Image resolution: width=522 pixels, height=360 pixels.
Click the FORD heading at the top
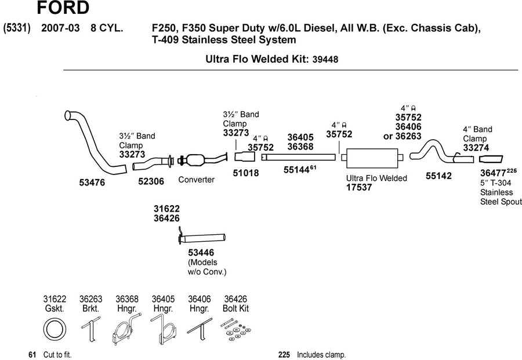(63, 8)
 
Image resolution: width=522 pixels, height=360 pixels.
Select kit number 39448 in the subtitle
(325, 60)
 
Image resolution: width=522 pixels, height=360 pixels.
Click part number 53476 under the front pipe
(92, 183)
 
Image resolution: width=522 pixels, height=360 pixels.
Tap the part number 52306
(151, 181)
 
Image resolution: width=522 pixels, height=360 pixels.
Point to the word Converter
(197, 180)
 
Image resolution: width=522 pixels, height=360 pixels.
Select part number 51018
(246, 173)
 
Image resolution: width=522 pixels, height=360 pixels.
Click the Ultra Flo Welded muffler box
(372, 158)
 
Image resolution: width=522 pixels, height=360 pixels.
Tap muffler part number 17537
(359, 187)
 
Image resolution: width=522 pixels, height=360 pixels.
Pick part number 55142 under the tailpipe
(439, 176)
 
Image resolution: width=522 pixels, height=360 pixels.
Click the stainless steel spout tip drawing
(491, 159)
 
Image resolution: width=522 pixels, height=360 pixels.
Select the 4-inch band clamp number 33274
(476, 148)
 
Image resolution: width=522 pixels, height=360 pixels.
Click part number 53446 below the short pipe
(201, 253)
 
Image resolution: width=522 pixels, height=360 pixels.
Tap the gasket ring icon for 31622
(55, 329)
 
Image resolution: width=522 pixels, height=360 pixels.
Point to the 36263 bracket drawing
(91, 329)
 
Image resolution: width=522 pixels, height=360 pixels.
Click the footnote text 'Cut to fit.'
(57, 355)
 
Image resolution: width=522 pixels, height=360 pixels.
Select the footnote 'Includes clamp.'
(321, 355)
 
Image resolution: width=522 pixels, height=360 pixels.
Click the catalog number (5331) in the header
(17, 28)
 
